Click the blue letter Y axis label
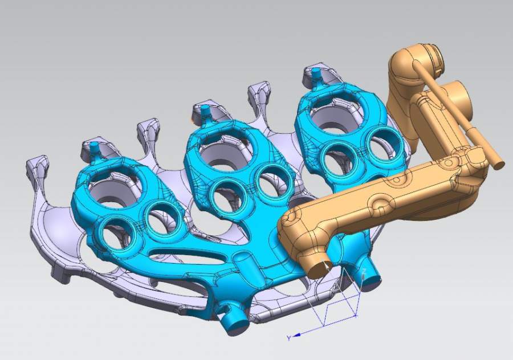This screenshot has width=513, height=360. point(289,338)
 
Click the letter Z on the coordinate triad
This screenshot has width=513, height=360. point(364,271)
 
